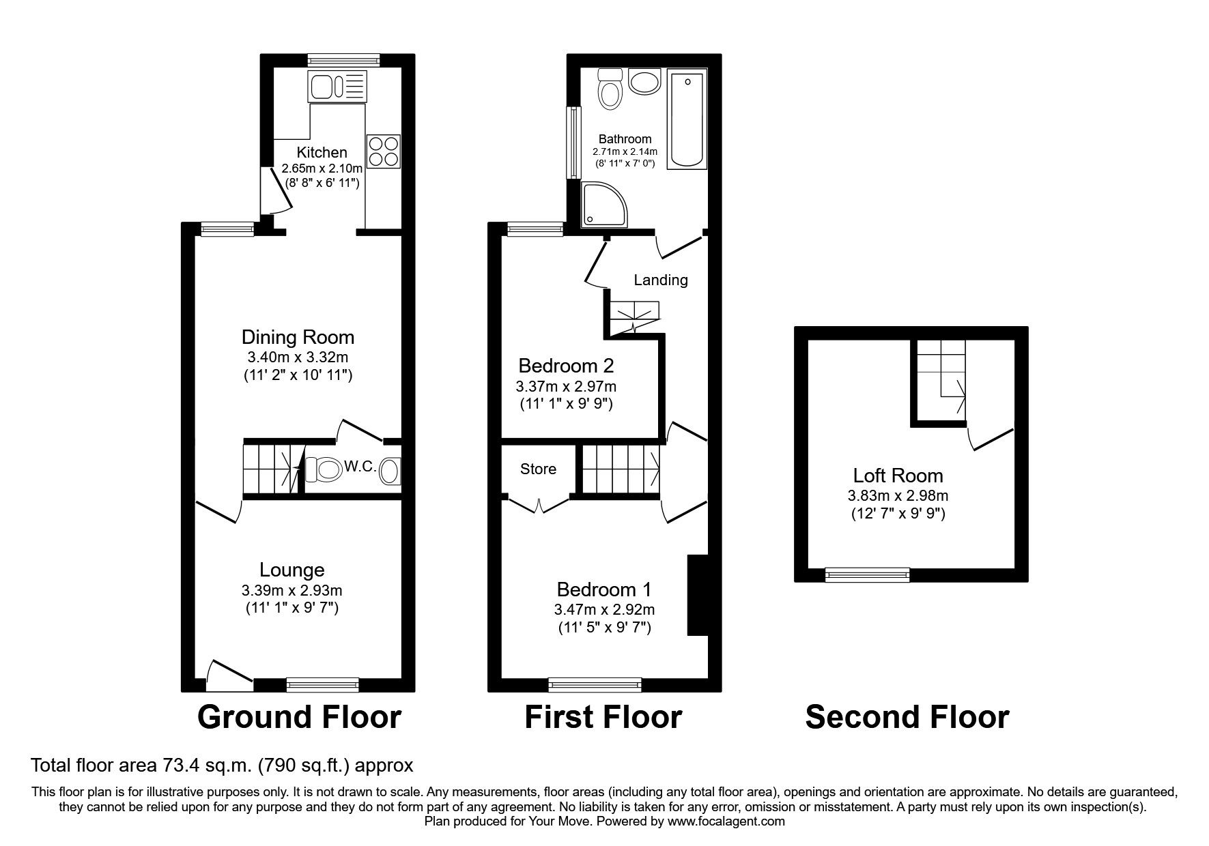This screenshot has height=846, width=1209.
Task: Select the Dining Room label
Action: [298, 337]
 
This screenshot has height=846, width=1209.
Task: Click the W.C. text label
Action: [360, 467]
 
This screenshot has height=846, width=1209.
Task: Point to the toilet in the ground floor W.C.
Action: [324, 470]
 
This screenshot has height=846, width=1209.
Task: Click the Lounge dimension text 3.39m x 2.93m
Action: [291, 590]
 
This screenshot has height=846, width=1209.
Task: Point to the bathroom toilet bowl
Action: [609, 91]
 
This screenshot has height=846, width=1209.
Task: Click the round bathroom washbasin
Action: [645, 82]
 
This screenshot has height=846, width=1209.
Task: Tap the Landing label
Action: [660, 280]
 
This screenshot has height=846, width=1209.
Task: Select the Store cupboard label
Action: [538, 469]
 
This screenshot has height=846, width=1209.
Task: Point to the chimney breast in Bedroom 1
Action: [697, 595]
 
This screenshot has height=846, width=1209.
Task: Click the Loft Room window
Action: [868, 574]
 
